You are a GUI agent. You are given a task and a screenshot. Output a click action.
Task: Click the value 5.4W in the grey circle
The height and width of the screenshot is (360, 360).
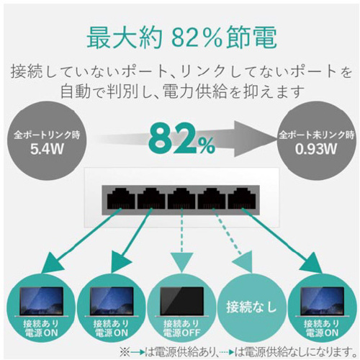47,149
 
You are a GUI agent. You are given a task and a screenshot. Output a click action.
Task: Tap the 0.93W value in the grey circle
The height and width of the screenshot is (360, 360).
316,149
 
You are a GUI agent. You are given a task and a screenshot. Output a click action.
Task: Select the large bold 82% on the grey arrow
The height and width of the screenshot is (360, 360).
181,139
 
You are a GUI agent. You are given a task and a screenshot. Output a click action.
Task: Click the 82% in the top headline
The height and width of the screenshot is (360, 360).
197,39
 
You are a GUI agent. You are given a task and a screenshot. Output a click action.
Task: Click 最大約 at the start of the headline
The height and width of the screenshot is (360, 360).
125,39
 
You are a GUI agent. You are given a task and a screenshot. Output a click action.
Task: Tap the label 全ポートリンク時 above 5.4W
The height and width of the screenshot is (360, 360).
47,135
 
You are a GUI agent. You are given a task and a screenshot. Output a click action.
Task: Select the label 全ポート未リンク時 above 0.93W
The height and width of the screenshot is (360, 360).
316,135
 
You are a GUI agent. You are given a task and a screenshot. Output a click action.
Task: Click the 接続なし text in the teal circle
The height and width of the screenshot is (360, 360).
251,307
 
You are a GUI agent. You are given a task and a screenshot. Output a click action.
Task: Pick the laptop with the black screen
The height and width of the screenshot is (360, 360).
181,302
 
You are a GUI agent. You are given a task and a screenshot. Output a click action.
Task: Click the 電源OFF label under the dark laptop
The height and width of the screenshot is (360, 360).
181,333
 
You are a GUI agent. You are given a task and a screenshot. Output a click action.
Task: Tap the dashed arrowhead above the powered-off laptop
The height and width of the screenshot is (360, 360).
181,262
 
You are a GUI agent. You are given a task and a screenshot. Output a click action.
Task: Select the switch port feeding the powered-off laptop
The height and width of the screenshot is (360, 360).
181,198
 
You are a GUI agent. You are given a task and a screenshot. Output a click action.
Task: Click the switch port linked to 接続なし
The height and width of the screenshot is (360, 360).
212,198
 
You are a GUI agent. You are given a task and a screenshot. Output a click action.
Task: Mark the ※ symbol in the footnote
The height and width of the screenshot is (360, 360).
125,352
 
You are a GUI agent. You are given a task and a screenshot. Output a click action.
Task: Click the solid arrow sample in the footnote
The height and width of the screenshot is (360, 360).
138,353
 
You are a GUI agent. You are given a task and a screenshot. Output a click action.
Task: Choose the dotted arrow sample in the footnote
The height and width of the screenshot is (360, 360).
227,353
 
